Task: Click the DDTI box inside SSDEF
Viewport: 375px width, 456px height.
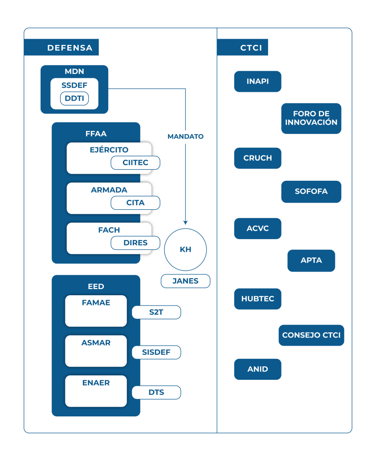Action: (x=74, y=99)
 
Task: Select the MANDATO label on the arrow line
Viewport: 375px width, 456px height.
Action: (x=185, y=137)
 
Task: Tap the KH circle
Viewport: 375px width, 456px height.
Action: (x=185, y=249)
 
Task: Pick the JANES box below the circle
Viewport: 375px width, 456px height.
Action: (x=185, y=281)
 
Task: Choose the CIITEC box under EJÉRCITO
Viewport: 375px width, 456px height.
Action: (x=135, y=163)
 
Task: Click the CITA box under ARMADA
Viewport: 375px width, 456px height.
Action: (x=135, y=203)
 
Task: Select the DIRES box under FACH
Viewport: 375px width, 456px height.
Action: (x=135, y=243)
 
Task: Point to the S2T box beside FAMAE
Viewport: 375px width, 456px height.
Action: (x=156, y=312)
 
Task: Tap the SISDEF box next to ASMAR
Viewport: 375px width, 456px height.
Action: (x=156, y=352)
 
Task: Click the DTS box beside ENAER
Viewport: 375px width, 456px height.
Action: (x=156, y=392)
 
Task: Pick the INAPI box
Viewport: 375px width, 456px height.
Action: (x=257, y=81)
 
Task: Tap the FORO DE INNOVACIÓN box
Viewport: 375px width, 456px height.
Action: (x=311, y=118)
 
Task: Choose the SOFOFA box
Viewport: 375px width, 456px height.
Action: (x=311, y=191)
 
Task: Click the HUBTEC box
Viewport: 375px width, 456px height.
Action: (x=257, y=299)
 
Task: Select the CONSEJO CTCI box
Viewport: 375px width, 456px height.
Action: (x=311, y=335)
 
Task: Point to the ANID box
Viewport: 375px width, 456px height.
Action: (x=257, y=369)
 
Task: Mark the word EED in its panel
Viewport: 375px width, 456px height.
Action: (x=96, y=286)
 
